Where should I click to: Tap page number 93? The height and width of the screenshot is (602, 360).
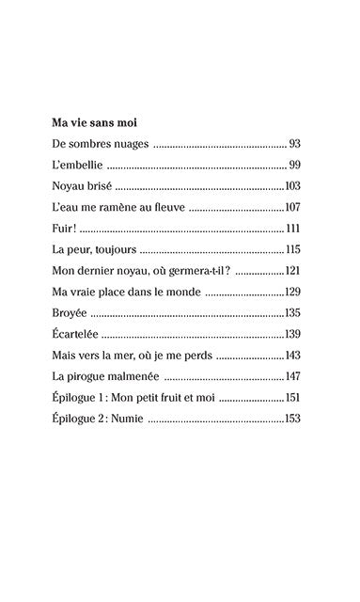pyautogui.click(x=293, y=144)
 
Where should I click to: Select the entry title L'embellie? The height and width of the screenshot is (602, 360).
pyautogui.click(x=77, y=165)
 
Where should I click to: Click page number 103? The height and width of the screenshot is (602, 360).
pyautogui.click(x=291, y=186)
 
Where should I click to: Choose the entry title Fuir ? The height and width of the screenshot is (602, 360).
pyautogui.click(x=65, y=229)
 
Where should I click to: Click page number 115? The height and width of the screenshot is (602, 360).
pyautogui.click(x=291, y=249)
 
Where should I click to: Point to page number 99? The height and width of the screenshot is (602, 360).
pyautogui.click(x=293, y=165)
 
